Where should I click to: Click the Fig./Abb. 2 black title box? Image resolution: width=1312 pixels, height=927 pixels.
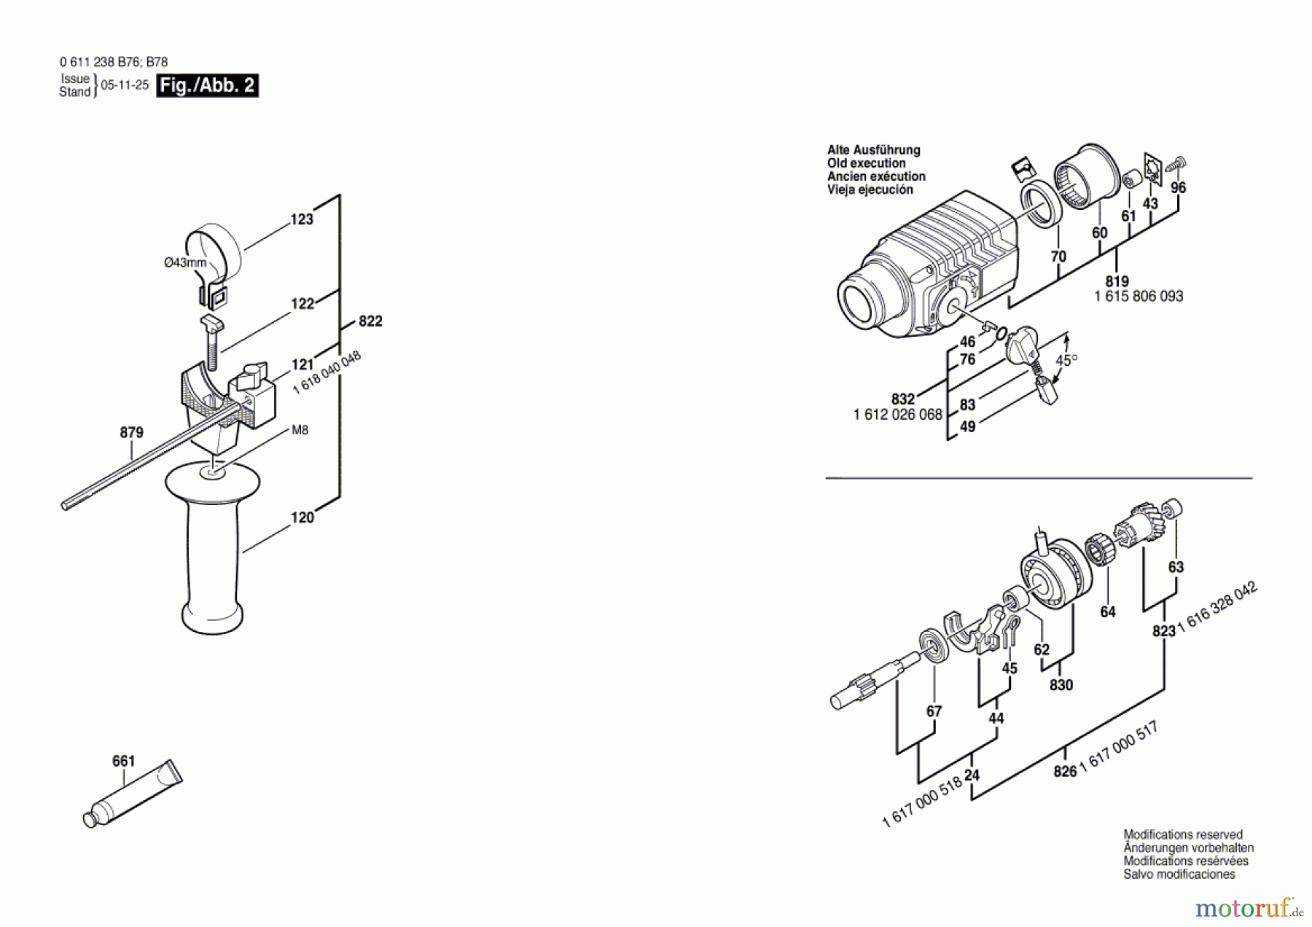(208, 85)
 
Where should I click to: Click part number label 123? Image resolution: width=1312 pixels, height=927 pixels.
(302, 219)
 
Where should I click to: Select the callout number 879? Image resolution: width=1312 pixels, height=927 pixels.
(131, 433)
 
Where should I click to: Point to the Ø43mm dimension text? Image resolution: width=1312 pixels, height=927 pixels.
(184, 262)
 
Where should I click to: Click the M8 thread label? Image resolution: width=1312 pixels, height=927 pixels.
(300, 430)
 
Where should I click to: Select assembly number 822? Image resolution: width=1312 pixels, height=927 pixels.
(370, 321)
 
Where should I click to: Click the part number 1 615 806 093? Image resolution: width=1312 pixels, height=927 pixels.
(1139, 297)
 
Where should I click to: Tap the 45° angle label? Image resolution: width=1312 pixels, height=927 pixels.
(1066, 360)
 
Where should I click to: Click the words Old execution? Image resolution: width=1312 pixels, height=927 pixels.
(866, 163)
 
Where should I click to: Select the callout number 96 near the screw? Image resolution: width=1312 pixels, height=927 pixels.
(1178, 188)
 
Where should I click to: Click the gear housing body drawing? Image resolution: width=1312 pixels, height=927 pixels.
(926, 270)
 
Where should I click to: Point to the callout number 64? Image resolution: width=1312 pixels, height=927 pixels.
(1107, 612)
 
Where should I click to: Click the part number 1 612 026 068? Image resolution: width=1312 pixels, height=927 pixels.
(897, 415)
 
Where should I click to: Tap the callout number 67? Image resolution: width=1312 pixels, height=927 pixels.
(934, 711)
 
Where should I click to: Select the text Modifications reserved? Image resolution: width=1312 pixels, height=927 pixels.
(1182, 835)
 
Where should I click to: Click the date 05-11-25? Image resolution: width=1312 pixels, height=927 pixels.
(125, 85)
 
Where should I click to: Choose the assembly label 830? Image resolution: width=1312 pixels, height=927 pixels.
(1061, 685)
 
